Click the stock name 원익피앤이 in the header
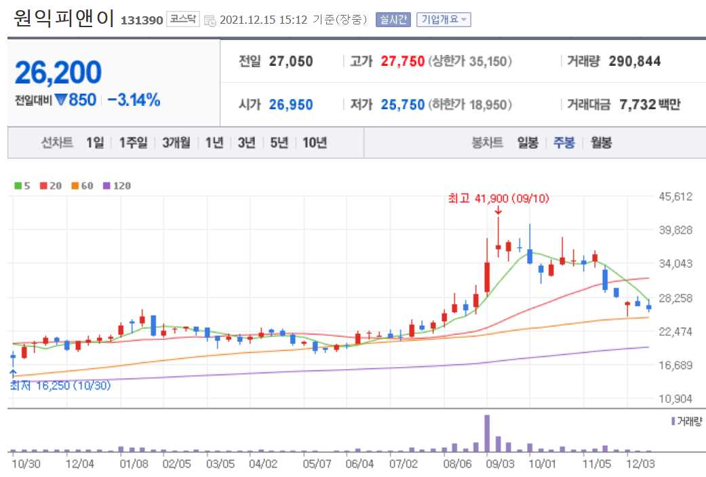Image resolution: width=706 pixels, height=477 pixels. [64, 18]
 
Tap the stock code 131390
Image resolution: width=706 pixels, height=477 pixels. [142, 20]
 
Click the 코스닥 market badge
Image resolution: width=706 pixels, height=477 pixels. [183, 19]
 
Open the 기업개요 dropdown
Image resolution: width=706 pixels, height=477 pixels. [444, 19]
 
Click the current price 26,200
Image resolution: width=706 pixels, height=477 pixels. [58, 73]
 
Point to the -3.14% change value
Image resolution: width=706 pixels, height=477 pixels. [134, 100]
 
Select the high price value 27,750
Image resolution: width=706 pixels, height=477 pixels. [403, 62]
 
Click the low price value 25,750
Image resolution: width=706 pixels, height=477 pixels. [403, 104]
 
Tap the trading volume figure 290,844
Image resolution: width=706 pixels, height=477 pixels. [635, 62]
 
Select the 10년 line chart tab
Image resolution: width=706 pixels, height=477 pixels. [315, 142]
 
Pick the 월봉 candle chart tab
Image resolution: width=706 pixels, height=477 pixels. [602, 142]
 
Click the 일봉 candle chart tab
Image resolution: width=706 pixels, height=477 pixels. [528, 142]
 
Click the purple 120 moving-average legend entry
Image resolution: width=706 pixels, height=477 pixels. [117, 185]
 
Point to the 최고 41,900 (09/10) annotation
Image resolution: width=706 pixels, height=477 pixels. [498, 198]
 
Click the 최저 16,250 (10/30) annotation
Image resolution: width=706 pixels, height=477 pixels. [60, 385]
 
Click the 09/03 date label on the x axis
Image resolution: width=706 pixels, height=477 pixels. [501, 465]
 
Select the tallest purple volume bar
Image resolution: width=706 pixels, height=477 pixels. [486, 433]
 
